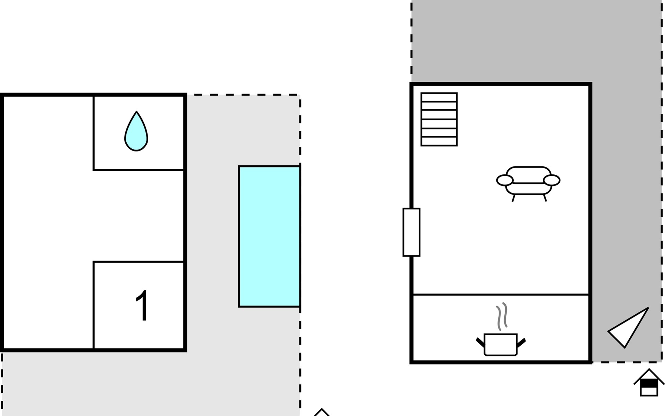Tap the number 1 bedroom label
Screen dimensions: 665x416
click(142, 306)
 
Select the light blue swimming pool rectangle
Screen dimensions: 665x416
click(269, 236)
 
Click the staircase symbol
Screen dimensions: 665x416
click(439, 119)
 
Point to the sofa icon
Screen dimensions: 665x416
click(528, 183)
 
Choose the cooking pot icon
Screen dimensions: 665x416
click(501, 345)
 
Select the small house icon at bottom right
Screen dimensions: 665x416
click(649, 382)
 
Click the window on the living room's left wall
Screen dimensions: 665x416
click(411, 232)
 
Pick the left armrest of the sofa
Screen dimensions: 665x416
click(505, 180)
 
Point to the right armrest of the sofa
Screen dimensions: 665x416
click(552, 180)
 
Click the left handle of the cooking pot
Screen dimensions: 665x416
click(480, 342)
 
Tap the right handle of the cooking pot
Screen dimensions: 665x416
click(521, 342)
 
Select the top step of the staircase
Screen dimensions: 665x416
click(439, 97)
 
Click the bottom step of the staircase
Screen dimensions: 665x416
click(439, 141)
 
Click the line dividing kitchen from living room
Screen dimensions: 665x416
click(501, 295)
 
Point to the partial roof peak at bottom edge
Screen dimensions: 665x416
click(322, 412)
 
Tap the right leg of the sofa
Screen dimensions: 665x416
click(545, 198)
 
